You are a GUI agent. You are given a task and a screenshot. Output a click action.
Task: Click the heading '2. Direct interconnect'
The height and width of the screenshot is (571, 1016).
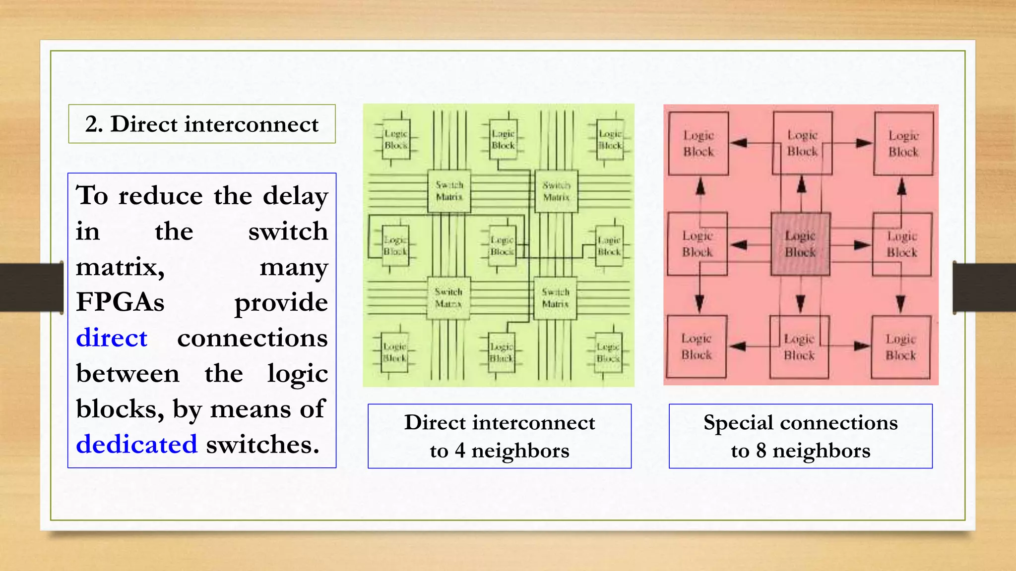[x=201, y=124]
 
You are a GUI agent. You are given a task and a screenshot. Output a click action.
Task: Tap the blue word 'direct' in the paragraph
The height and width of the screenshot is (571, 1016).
[x=112, y=338]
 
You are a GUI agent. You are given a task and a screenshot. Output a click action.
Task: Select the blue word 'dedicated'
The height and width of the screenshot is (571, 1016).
[x=136, y=444]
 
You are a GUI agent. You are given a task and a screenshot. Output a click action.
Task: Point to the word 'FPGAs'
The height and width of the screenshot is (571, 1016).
[x=120, y=302]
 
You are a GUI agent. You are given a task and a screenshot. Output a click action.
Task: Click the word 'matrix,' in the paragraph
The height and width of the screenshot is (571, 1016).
[x=120, y=267]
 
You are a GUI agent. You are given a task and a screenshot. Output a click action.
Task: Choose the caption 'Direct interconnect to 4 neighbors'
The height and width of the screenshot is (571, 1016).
[x=500, y=436]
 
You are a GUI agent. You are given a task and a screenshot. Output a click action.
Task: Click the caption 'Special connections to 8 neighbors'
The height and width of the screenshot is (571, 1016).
[x=800, y=436]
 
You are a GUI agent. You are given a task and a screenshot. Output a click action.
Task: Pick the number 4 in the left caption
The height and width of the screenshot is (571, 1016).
[x=460, y=451]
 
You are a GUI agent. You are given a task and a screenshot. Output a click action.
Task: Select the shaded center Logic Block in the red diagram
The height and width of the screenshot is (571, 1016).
[x=800, y=244]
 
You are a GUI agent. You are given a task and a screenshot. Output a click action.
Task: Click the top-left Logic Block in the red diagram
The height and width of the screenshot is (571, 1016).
[x=698, y=143]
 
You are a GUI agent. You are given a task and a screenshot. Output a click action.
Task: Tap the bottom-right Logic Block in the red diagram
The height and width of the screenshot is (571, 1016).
[x=901, y=347]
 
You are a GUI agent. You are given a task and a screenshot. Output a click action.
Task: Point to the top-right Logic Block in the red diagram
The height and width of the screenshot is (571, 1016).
[x=903, y=143]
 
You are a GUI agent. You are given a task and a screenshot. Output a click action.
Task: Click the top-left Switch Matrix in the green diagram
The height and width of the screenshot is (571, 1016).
[x=449, y=191]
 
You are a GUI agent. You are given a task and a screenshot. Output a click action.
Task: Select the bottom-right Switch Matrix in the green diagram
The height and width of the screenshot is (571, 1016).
[x=555, y=298]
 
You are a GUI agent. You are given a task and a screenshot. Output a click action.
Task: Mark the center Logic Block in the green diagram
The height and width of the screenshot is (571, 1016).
[x=502, y=245]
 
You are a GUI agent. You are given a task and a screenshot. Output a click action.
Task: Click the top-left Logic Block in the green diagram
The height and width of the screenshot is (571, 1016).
[x=396, y=139]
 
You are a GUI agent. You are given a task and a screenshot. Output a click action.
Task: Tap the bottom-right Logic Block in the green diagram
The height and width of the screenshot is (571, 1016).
[x=608, y=352]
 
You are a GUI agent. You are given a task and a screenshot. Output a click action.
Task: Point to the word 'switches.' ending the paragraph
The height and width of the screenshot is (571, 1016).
[x=262, y=444]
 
